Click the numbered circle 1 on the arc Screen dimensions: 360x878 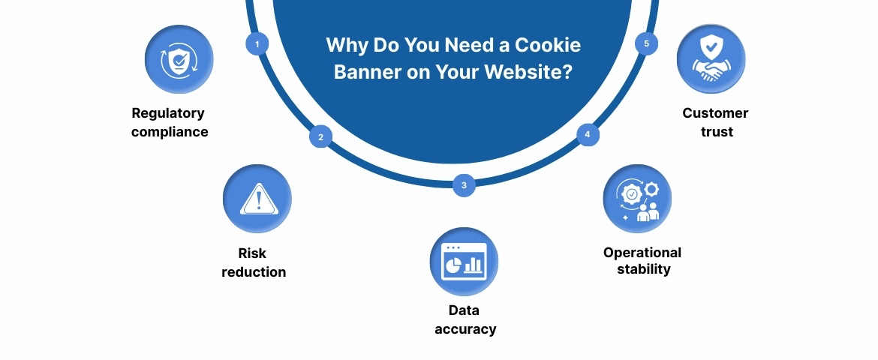coord(257,44)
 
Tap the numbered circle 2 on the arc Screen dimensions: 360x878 coord(320,137)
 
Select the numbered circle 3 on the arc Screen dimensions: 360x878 coord(464,185)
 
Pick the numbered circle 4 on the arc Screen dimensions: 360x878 coord(588,135)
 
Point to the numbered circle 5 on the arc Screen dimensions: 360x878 coord(647,43)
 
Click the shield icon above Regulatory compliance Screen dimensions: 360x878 coord(179,59)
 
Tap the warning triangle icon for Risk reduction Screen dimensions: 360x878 coord(257,199)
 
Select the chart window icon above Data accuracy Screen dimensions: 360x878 coord(464,262)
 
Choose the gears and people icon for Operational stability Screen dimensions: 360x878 coord(637,199)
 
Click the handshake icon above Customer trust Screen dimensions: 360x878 coord(711,59)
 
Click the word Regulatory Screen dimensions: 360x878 coord(168,113)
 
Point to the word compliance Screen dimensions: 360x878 coord(170,132)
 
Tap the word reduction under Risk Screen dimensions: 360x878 coord(254,272)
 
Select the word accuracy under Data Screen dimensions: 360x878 coord(465,329)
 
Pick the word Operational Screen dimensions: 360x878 coord(642,253)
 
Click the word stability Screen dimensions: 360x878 coord(643,269)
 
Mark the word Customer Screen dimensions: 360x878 coord(715,113)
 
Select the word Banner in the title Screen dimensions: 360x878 coord(363,73)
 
